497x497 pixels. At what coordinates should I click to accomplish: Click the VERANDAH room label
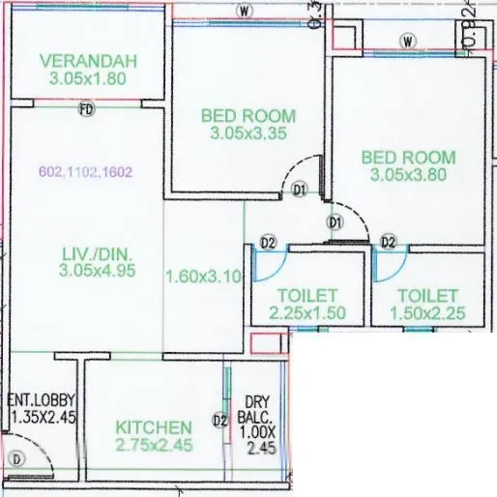88,61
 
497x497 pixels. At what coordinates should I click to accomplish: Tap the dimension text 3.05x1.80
88,78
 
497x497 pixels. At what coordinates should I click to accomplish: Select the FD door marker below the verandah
86,110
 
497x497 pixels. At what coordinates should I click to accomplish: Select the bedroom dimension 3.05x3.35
248,133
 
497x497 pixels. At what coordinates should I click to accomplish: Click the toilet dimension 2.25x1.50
307,313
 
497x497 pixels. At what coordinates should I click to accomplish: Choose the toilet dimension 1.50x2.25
426,313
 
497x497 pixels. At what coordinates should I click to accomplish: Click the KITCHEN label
154,426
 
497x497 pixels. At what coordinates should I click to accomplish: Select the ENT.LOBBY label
42,399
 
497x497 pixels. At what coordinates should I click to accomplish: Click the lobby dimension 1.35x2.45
43,417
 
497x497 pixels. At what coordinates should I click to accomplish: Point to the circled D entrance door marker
15,459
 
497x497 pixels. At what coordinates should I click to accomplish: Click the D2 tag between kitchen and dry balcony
219,421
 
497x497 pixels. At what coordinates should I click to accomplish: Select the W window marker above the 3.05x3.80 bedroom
408,41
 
